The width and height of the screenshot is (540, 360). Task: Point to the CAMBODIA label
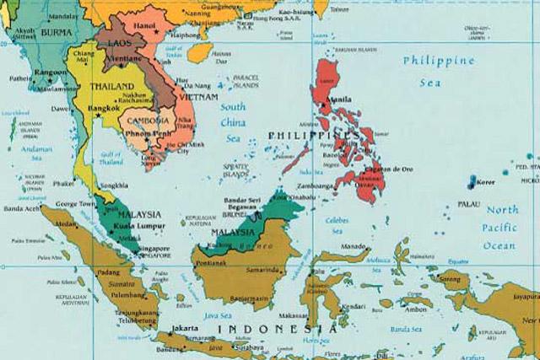[x=153, y=121]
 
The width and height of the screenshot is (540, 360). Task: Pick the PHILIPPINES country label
[x=313, y=135]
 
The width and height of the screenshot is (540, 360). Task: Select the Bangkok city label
[x=106, y=110]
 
